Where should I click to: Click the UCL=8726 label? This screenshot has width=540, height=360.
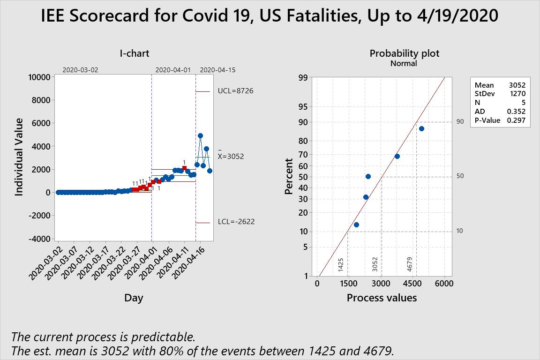pos(235,91)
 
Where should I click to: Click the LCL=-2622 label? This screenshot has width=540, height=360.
pos(236,222)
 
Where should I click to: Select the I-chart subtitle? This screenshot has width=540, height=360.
pos(134,53)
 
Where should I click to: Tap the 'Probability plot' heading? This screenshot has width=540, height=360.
pos(405,53)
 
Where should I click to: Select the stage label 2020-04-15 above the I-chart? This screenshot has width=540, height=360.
pos(217,70)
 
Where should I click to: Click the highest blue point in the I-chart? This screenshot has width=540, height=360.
pos(200,135)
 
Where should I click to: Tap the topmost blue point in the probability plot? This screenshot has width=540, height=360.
pos(421,128)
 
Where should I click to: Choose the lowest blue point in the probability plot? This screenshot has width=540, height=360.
pos(356,225)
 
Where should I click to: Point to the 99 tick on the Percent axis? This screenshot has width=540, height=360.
pos(304,78)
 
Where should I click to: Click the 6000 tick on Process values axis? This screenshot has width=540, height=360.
pos(444,284)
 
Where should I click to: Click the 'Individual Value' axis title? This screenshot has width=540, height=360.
pos(19,157)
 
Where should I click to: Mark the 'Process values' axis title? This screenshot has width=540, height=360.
pos(382,298)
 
